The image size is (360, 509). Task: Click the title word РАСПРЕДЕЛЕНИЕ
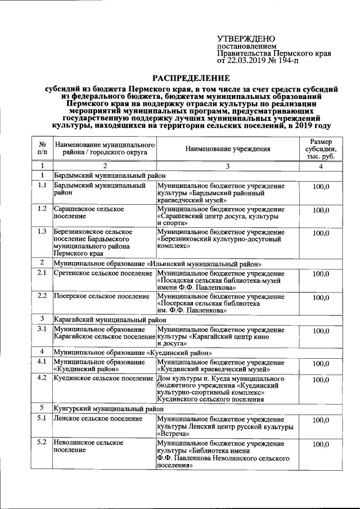(x=192, y=78)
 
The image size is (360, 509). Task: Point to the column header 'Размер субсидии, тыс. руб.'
(x=321, y=149)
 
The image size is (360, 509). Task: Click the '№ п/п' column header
(x=42, y=149)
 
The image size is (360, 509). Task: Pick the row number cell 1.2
(x=42, y=209)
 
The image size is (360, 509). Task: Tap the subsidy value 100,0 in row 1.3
(x=321, y=233)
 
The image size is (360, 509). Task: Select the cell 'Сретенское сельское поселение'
(x=103, y=273)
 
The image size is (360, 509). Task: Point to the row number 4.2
(x=42, y=379)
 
